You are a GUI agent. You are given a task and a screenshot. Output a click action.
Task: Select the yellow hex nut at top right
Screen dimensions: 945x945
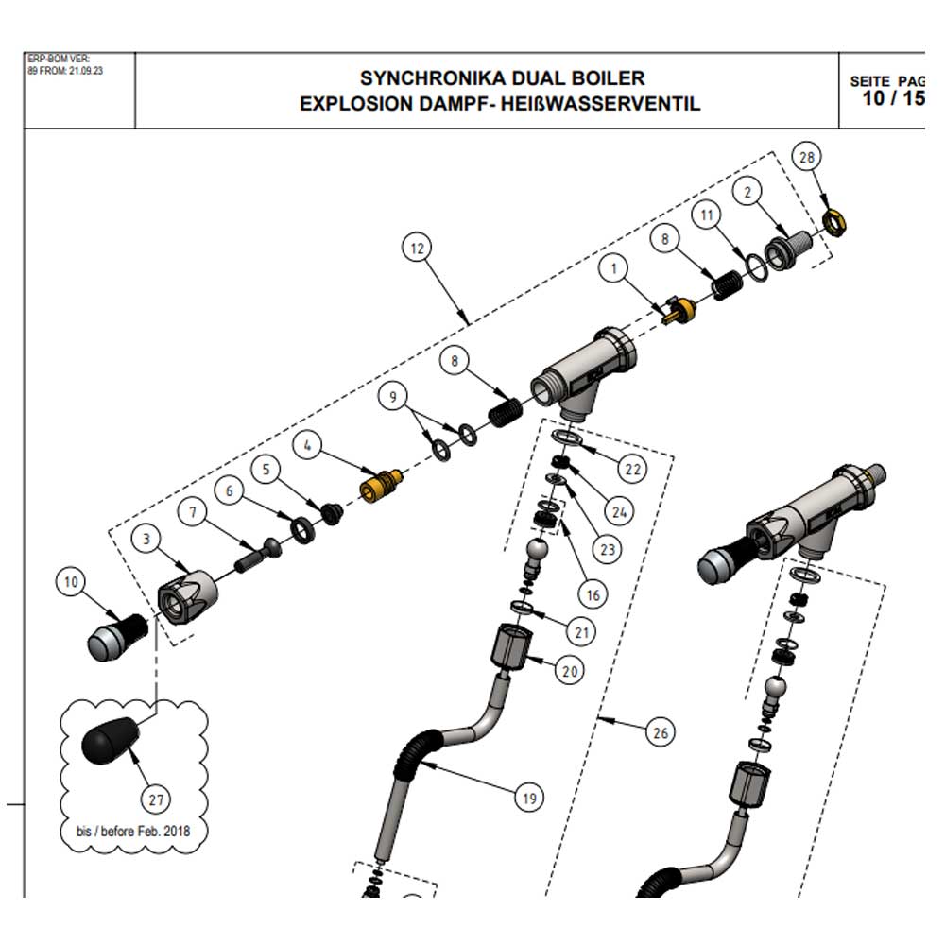pyautogui.click(x=834, y=223)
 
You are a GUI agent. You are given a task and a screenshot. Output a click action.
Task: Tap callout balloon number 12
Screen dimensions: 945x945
pyautogui.click(x=416, y=249)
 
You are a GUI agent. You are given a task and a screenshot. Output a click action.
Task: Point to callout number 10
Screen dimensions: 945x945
pyautogui.click(x=72, y=582)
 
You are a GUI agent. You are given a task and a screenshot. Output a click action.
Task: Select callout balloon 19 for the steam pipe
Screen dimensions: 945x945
pyautogui.click(x=529, y=799)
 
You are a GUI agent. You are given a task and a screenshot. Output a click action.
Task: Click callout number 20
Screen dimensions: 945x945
pyautogui.click(x=569, y=671)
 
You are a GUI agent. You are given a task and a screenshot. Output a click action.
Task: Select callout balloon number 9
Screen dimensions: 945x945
pyautogui.click(x=394, y=397)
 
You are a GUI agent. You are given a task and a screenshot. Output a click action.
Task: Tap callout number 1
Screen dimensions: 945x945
pyautogui.click(x=617, y=269)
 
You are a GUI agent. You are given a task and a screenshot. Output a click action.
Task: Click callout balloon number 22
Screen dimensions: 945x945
pyautogui.click(x=631, y=468)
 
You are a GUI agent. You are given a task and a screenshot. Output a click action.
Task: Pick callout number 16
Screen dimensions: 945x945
pyautogui.click(x=593, y=594)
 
